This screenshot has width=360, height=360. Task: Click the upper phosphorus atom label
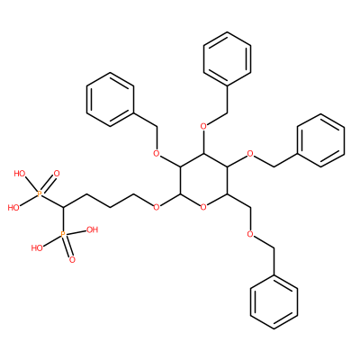(40, 194)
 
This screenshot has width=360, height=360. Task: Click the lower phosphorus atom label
(63, 234)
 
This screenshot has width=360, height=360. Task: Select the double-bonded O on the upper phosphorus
(57, 174)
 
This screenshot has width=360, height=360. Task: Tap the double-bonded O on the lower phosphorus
(72, 260)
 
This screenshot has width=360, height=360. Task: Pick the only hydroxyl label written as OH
(92, 229)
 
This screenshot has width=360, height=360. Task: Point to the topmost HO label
(20, 174)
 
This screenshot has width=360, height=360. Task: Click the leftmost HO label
(13, 208)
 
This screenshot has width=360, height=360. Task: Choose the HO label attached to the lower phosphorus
(37, 247)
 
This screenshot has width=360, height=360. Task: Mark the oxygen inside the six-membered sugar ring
(203, 207)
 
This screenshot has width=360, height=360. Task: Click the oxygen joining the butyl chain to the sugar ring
(156, 207)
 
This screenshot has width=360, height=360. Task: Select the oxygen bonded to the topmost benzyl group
(203, 126)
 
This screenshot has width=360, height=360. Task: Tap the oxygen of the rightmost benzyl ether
(250, 154)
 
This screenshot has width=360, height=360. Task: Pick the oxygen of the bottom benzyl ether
(250, 234)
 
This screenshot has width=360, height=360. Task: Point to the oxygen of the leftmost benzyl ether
(156, 154)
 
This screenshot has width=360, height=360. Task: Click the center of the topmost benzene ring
(227, 59)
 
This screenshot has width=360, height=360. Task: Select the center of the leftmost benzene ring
(110, 100)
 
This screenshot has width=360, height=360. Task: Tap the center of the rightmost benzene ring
(320, 140)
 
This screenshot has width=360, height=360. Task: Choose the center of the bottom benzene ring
(274, 301)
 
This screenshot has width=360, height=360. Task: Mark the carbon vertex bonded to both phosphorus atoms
(63, 208)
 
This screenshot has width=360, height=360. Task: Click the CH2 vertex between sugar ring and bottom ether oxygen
(250, 208)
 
